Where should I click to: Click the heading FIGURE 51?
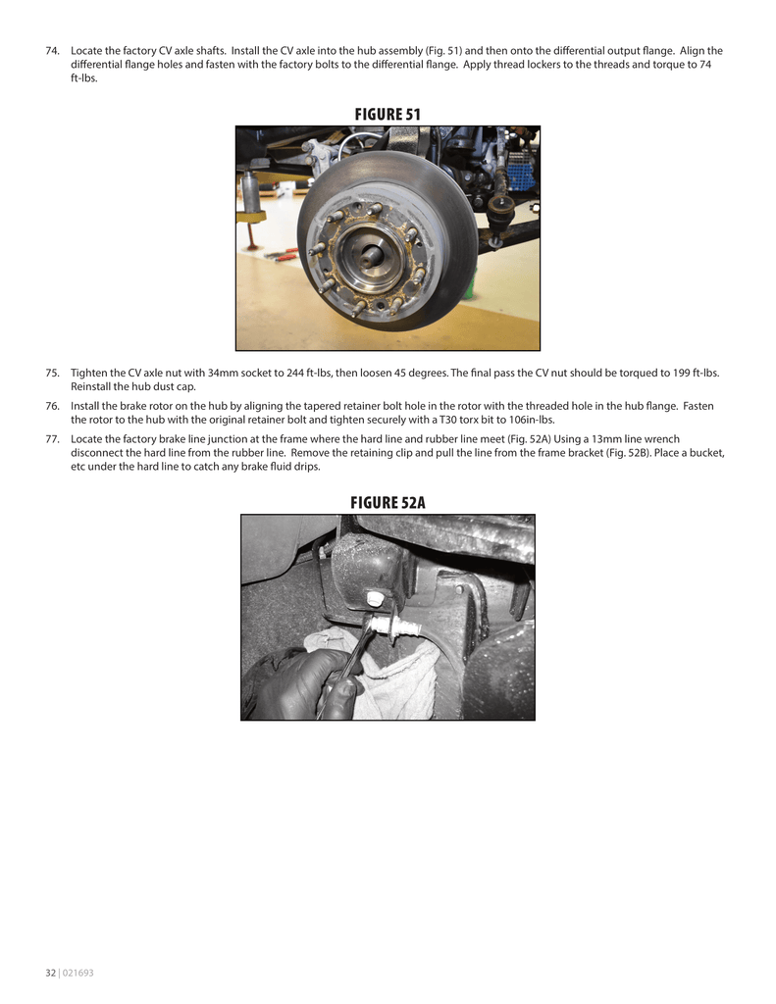(x=388, y=115)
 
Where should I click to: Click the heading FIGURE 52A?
(x=388, y=503)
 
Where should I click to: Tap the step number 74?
(x=54, y=51)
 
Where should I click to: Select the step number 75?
(x=54, y=373)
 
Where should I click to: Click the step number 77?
(x=54, y=439)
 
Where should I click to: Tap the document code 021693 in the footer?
(x=78, y=973)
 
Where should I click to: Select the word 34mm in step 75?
(x=225, y=373)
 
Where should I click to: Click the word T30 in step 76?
(x=450, y=420)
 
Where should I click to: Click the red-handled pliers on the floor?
(x=285, y=257)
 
